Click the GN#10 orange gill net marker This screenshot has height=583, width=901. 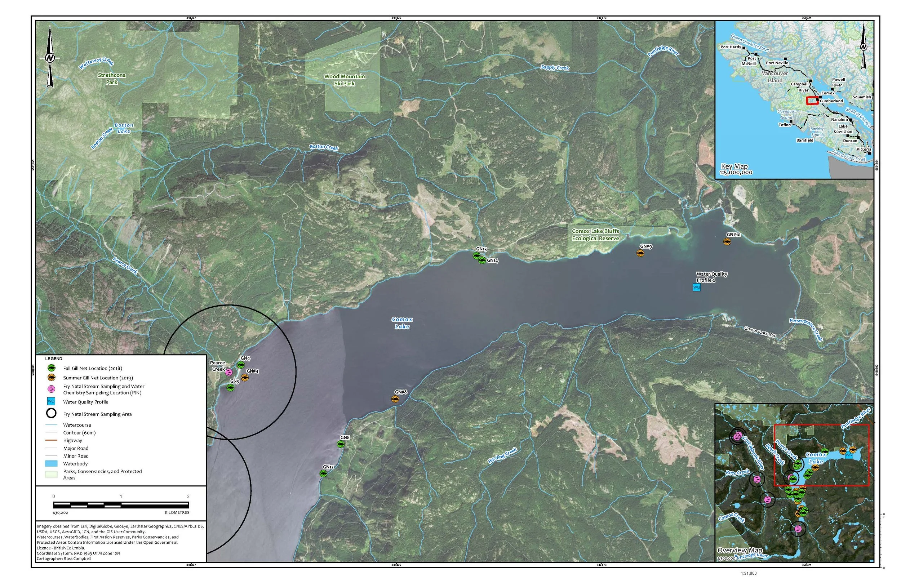(x=727, y=241)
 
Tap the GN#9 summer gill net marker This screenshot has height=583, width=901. (x=640, y=253)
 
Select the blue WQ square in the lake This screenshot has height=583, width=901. (x=697, y=287)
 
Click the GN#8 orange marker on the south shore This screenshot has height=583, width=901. (x=395, y=399)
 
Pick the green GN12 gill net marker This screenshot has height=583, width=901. (x=323, y=473)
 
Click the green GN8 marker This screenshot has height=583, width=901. (x=341, y=444)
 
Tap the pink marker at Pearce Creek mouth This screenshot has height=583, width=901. (x=228, y=372)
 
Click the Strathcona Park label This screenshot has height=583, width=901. (x=112, y=78)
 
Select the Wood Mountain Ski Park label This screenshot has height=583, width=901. (x=344, y=80)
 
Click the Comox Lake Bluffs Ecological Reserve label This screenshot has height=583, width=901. (x=595, y=234)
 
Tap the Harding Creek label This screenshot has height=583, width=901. (x=502, y=456)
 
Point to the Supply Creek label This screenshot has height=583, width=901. (x=555, y=67)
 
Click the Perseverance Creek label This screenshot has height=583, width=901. (x=806, y=329)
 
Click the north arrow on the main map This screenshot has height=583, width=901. (x=50, y=58)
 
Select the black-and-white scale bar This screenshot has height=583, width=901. (x=121, y=505)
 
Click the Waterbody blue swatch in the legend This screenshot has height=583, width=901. (x=51, y=463)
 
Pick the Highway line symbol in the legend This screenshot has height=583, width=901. (x=51, y=440)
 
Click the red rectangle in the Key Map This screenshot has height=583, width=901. (x=812, y=100)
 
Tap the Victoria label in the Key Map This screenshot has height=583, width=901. (x=864, y=149)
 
